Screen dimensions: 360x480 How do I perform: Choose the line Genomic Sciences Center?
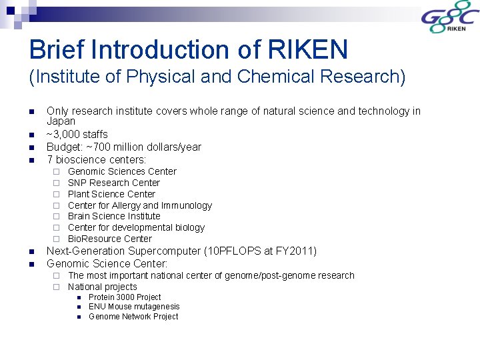[x=122, y=171]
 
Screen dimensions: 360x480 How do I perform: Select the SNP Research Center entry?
[x=114, y=183]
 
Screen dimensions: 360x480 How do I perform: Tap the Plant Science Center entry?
[x=111, y=194]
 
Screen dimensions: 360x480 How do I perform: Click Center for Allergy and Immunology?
[x=139, y=205]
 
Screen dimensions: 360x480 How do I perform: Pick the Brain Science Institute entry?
[x=114, y=216]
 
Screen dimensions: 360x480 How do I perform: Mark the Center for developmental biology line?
[x=136, y=227]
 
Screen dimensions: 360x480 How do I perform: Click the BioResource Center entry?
[x=110, y=239]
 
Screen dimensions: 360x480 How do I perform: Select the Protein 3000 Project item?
[x=125, y=297]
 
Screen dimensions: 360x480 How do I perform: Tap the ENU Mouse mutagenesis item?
[x=134, y=307]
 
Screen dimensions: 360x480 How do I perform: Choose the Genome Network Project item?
[x=133, y=317]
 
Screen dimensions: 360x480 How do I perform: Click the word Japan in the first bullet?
[x=61, y=122]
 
